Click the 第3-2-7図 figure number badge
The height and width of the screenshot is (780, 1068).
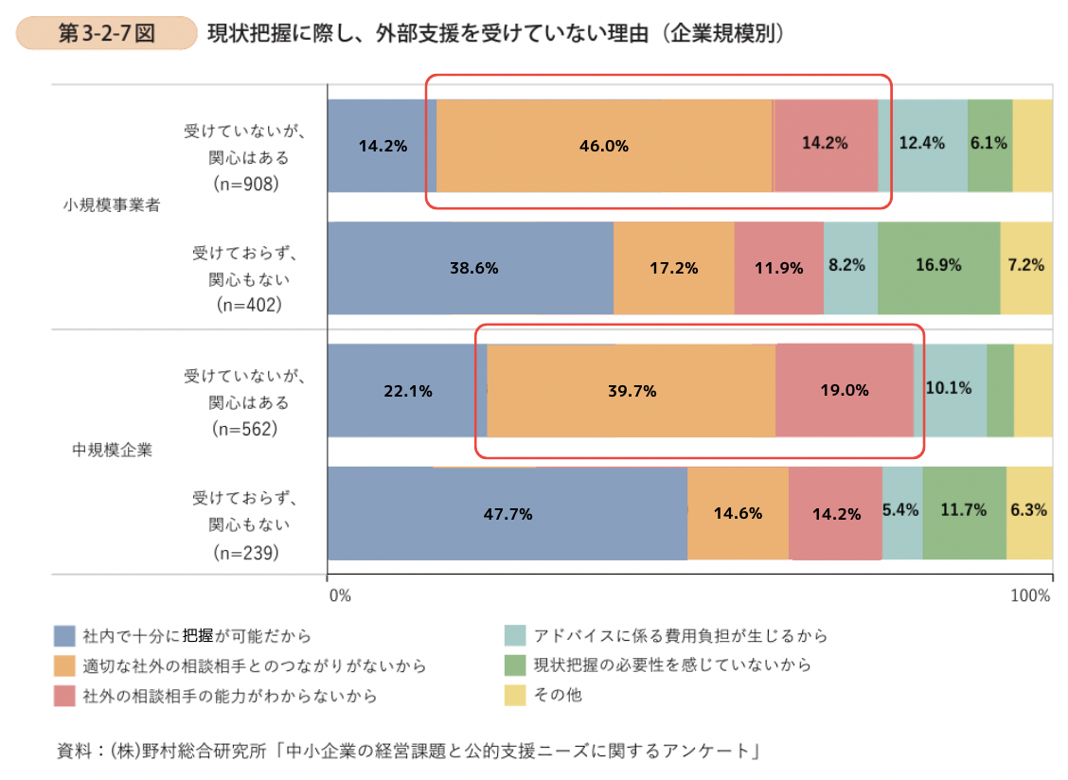[x=106, y=33]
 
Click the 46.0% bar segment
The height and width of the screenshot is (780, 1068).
[x=604, y=146]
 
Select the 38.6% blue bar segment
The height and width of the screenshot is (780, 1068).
[x=471, y=268]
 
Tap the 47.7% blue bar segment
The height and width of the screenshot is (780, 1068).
[x=507, y=514]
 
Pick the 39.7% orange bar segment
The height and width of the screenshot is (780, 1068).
[x=631, y=391]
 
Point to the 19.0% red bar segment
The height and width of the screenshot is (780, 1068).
[x=845, y=391]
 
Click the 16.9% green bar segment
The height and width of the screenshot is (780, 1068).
[x=938, y=267]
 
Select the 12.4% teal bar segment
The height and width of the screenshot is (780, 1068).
[x=922, y=145]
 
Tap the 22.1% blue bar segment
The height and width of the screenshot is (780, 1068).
[x=407, y=391]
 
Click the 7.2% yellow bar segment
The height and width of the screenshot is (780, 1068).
[x=1026, y=267]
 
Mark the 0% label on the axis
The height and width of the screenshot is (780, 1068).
[x=339, y=595]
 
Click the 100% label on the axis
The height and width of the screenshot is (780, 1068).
[x=1030, y=595]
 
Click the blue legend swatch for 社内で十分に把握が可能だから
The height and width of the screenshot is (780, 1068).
[x=64, y=635]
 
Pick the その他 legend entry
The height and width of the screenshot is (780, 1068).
[x=558, y=696]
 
